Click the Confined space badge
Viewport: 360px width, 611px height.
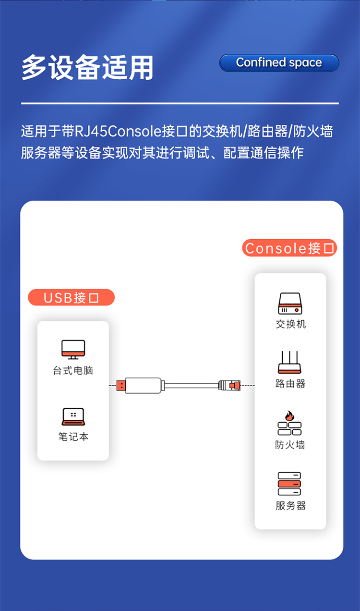pos(279,63)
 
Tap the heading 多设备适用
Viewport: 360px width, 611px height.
pos(87,67)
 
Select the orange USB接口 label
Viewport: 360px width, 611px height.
pos(71,297)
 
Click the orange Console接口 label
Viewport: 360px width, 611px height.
pos(289,248)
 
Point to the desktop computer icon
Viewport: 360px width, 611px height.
pos(73,349)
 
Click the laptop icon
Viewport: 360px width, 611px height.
pos(73,416)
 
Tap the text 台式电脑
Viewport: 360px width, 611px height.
pos(73,371)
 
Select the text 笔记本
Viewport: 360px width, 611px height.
pos(73,437)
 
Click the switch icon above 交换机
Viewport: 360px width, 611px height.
pos(290,303)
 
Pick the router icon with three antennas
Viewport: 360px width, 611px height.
pos(289,362)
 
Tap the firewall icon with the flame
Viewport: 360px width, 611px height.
pos(289,423)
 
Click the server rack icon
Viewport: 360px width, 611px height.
pos(289,484)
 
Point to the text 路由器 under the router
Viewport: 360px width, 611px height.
pos(290,383)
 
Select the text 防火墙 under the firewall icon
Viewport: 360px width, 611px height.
pos(290,445)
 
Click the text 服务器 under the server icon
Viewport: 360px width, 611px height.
pos(290,505)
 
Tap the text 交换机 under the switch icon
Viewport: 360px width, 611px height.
pos(291,324)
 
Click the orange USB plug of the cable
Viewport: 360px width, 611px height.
pos(121,385)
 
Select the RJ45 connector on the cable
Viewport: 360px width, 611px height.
pos(229,385)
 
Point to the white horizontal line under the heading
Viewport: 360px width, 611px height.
pos(180,103)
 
